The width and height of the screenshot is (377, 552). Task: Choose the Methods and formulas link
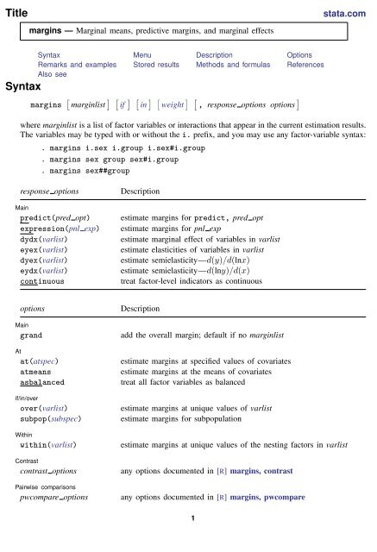click(x=229, y=65)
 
